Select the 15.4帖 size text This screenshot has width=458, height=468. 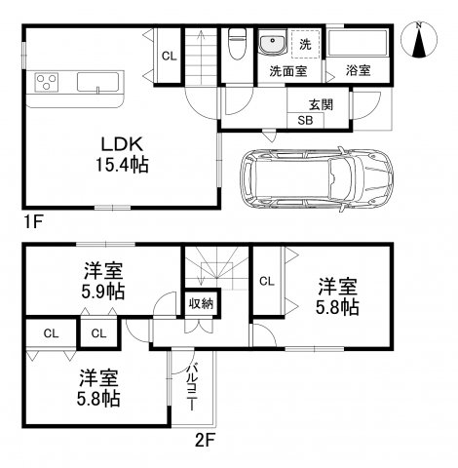(x=121, y=165)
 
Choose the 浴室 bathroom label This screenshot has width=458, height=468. (x=357, y=71)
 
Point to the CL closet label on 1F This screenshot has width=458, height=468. (x=169, y=57)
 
